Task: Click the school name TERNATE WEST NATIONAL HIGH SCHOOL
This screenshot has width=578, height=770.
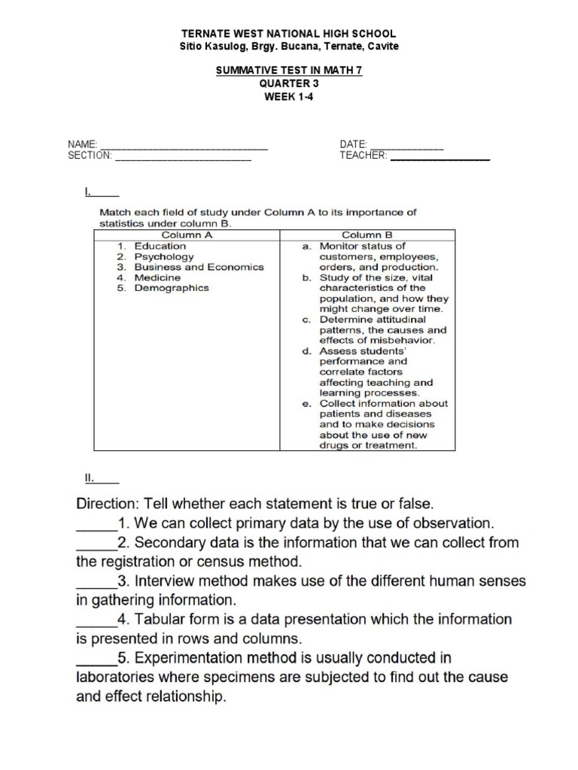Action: coord(290,35)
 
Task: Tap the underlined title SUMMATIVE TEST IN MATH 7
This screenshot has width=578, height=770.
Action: coord(290,70)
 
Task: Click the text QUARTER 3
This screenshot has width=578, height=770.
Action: coord(290,83)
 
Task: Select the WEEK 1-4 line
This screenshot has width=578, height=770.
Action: coord(290,95)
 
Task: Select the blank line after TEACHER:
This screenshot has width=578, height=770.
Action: coord(440,158)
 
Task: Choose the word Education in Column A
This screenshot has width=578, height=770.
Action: coord(160,246)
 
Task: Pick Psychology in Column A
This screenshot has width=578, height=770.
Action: coord(164,256)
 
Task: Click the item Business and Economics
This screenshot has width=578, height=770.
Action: coord(199,267)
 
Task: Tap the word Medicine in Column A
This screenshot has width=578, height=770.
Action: coord(158,277)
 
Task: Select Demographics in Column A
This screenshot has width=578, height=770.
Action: coord(172,288)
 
